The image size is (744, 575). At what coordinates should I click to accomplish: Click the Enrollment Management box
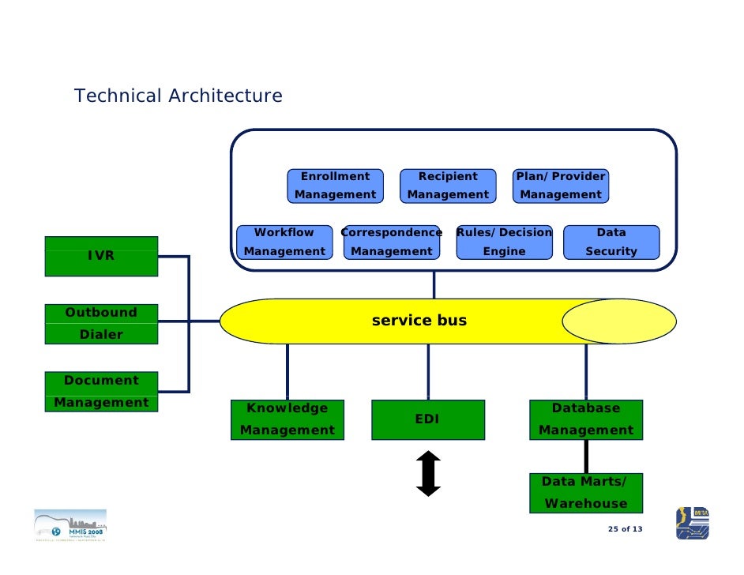click(335, 186)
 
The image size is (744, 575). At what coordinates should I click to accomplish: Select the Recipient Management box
click(448, 186)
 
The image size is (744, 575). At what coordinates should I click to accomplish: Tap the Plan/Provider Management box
click(561, 186)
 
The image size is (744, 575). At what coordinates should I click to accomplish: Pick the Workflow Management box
click(284, 242)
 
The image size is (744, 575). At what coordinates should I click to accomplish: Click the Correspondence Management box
click(392, 242)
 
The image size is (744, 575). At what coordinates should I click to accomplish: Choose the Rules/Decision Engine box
click(504, 242)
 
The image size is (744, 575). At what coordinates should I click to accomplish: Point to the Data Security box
click(611, 242)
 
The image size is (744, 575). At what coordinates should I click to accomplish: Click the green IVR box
click(101, 256)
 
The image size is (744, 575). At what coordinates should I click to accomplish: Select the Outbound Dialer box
click(101, 324)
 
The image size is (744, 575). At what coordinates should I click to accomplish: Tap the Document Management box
click(101, 391)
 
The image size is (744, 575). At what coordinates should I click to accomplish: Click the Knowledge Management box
click(287, 419)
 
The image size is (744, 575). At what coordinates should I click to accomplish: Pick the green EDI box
click(427, 419)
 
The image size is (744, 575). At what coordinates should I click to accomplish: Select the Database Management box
click(586, 419)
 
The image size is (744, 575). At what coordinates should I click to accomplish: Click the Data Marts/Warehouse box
click(586, 493)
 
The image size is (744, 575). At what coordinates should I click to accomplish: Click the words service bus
click(419, 321)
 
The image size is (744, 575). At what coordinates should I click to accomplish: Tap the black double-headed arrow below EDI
click(428, 473)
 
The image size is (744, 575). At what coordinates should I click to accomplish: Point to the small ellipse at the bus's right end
click(619, 321)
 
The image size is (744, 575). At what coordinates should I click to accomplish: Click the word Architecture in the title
click(224, 96)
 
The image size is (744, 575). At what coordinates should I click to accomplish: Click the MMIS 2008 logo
click(70, 525)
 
